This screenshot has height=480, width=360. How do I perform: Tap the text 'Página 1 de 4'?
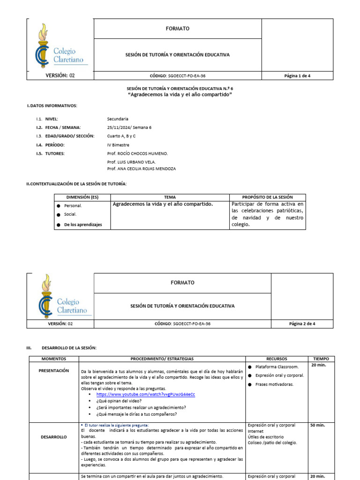click(x=297, y=75)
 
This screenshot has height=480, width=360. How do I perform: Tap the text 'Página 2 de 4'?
click(x=302, y=323)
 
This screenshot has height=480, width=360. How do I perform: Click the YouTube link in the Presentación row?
click(x=145, y=394)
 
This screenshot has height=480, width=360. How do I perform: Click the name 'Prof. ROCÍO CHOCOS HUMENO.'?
click(x=137, y=153)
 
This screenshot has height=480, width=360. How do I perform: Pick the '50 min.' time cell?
click(x=317, y=426)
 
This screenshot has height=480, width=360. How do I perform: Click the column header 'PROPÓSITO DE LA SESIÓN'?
click(x=267, y=197)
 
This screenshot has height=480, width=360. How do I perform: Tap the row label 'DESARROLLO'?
click(x=54, y=436)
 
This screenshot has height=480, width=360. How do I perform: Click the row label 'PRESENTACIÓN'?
click(x=54, y=370)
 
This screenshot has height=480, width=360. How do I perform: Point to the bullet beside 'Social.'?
click(x=59, y=215)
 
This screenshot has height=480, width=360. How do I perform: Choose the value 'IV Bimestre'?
click(x=118, y=145)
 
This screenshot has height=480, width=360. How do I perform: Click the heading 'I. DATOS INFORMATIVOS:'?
click(x=52, y=106)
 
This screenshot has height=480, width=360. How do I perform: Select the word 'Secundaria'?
click(x=118, y=119)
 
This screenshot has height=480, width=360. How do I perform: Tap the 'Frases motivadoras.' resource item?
click(x=275, y=384)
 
